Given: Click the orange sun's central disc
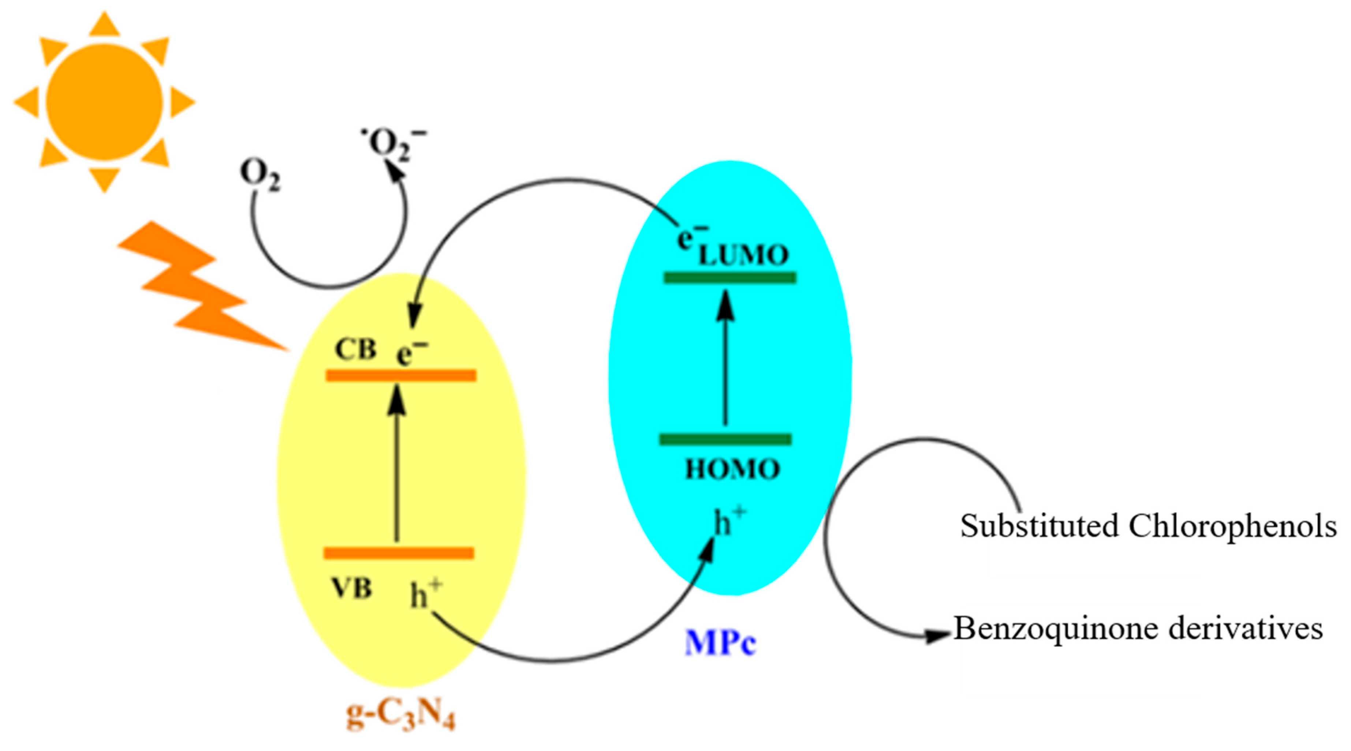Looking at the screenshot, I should pyautogui.click(x=104, y=102).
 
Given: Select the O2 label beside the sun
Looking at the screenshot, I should pyautogui.click(x=260, y=175).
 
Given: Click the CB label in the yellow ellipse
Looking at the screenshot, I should pyautogui.click(x=355, y=349).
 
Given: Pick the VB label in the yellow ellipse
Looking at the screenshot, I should pyautogui.click(x=352, y=589).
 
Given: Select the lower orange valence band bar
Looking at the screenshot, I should pyautogui.click(x=399, y=553).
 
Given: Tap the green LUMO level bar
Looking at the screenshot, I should pyautogui.click(x=729, y=277).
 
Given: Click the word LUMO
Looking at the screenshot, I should pyautogui.click(x=744, y=256).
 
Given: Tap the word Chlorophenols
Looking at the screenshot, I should pyautogui.click(x=1232, y=526).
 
